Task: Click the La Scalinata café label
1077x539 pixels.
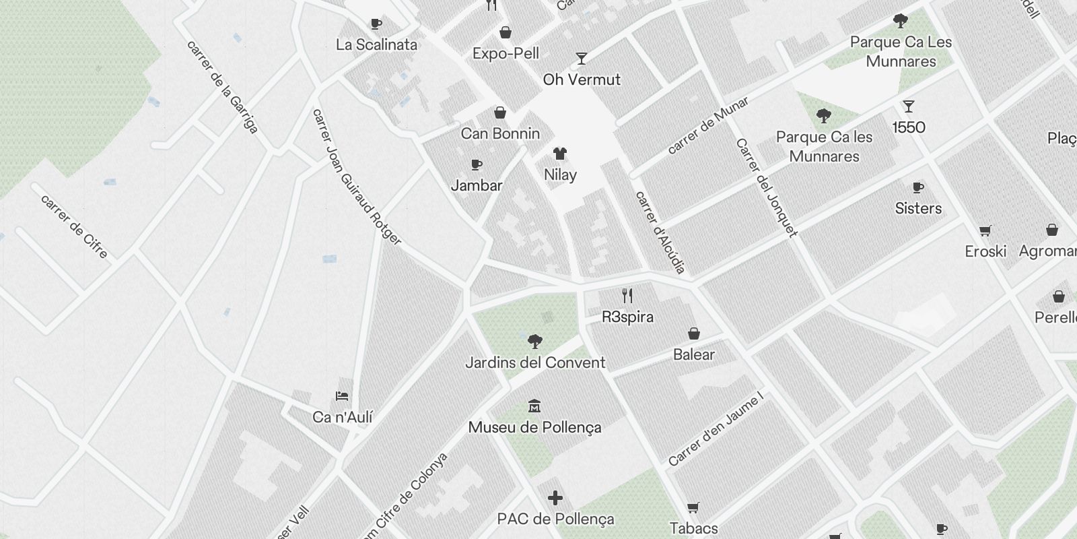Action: coord(377,45)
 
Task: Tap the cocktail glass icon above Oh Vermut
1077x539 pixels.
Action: coord(582,59)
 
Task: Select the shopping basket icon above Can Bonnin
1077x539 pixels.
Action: coord(500,113)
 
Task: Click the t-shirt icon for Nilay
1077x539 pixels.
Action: coord(559,154)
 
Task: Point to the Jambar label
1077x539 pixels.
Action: coord(477,185)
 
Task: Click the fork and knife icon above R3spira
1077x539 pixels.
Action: coord(627,296)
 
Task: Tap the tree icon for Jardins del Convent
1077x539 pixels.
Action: coord(535,342)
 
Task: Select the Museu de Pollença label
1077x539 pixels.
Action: coord(534,427)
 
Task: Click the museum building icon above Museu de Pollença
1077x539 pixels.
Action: coord(534,406)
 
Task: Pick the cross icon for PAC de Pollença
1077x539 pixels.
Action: coord(555,498)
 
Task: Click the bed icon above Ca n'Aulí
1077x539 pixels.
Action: coord(342,396)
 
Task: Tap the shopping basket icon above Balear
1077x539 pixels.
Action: coord(694,334)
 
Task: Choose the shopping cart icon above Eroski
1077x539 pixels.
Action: coord(985,231)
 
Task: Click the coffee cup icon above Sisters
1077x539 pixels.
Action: coord(917,187)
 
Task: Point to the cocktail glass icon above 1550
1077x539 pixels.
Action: coord(909,106)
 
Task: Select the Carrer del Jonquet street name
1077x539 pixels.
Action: coord(766,187)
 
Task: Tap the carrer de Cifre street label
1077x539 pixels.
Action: coord(74,226)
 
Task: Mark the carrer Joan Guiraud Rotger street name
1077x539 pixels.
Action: coord(356,177)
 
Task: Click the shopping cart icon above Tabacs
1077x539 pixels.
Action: coord(693,508)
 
